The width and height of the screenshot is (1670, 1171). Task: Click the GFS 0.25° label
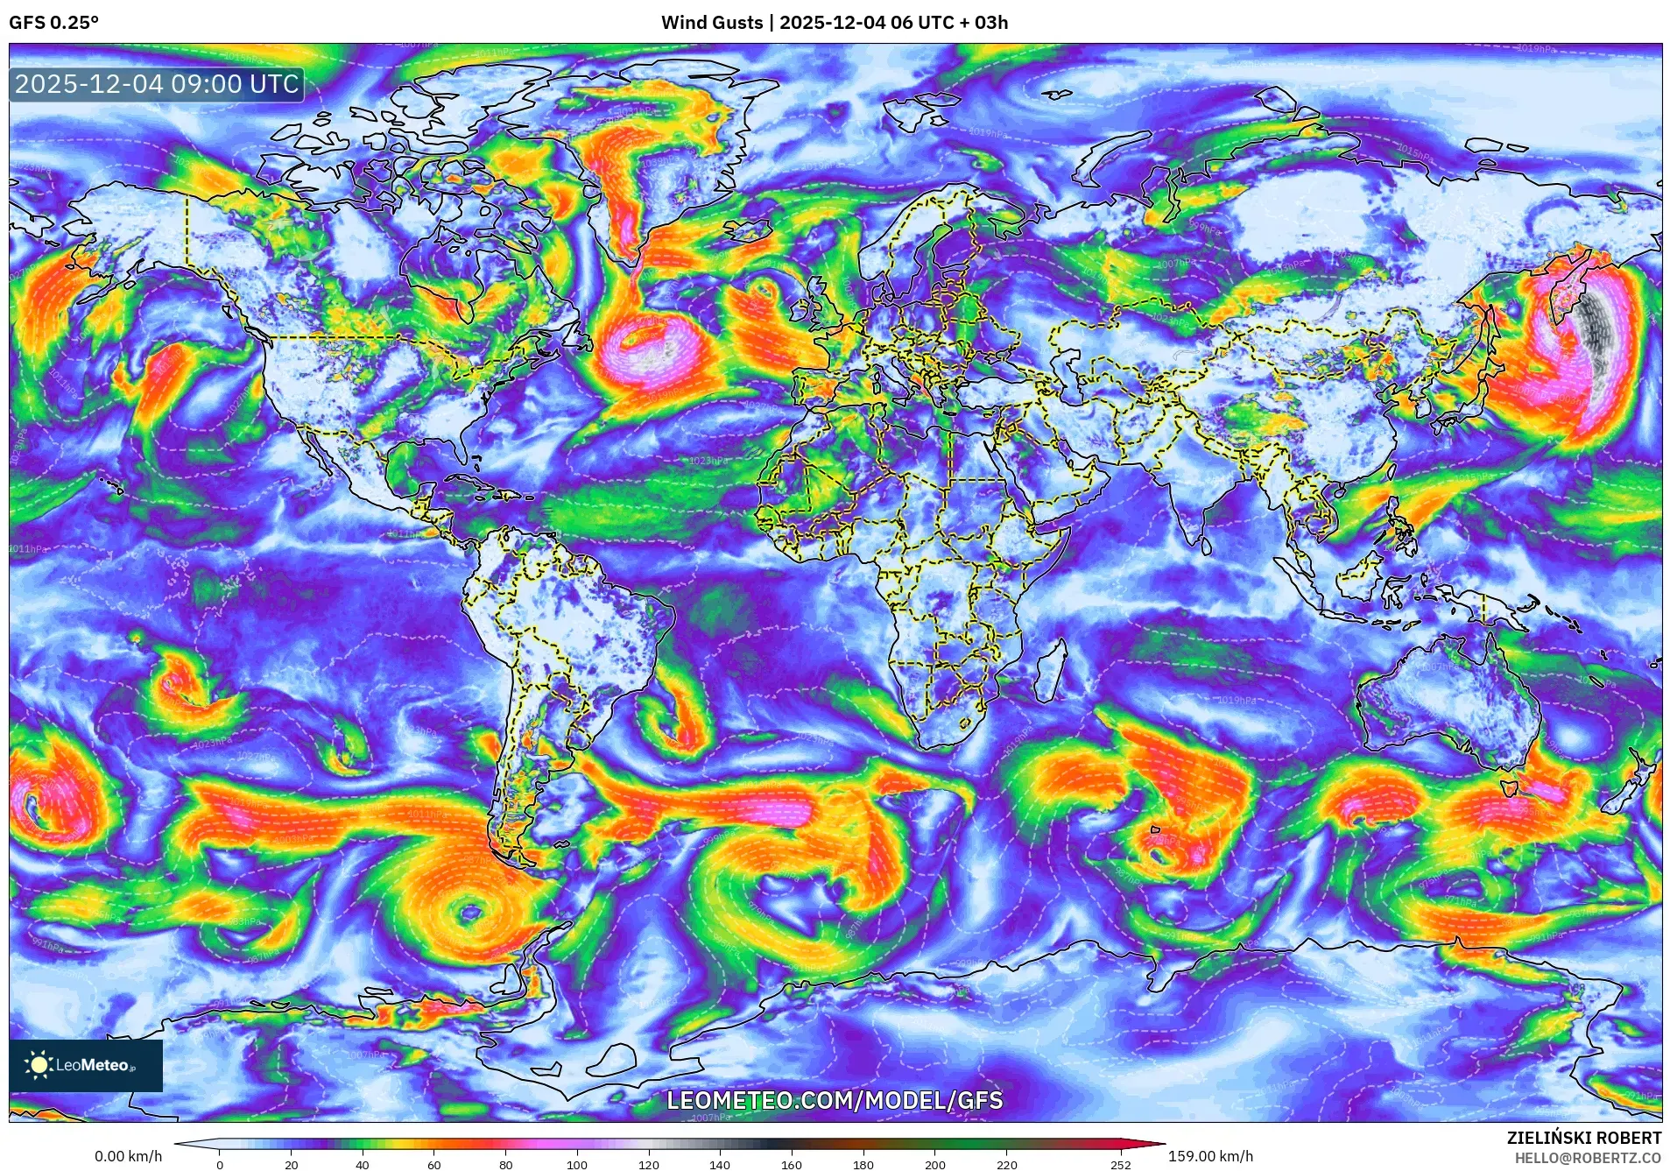(x=53, y=23)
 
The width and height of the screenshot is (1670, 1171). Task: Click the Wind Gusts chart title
(x=834, y=23)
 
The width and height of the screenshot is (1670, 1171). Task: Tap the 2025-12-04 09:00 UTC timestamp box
(x=157, y=84)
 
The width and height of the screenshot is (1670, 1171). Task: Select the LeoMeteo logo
(x=85, y=1065)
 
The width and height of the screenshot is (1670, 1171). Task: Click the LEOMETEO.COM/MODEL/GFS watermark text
(x=835, y=1100)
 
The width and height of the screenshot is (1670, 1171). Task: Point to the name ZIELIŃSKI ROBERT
(x=1583, y=1138)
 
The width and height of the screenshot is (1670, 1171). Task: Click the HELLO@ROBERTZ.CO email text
(x=1588, y=1158)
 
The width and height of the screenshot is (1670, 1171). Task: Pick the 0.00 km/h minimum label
(x=128, y=1156)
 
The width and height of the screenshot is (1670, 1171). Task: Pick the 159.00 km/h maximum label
(x=1210, y=1156)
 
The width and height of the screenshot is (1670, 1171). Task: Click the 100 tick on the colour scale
(x=576, y=1165)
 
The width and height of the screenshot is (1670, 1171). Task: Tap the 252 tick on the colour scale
(x=1121, y=1165)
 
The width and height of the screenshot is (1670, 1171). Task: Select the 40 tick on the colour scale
(x=362, y=1165)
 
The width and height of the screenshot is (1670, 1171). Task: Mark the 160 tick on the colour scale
(x=791, y=1165)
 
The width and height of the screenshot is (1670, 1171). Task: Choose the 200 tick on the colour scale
(x=934, y=1165)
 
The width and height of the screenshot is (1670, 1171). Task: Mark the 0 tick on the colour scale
(x=220, y=1165)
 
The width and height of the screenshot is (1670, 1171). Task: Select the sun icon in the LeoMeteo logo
(x=39, y=1065)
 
